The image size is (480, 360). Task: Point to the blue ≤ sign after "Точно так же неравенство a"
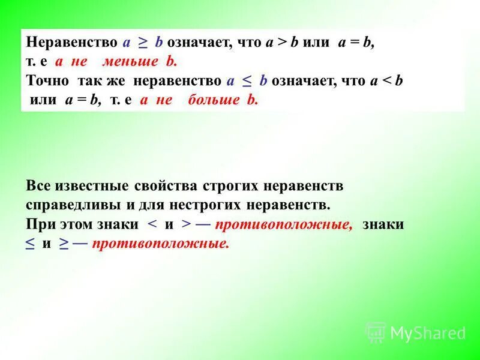[247, 80]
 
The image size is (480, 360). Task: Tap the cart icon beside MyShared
[376, 332]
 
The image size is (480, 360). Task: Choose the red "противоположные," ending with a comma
[284, 224]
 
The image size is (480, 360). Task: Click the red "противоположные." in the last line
[161, 244]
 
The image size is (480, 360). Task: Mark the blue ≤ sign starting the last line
[30, 244]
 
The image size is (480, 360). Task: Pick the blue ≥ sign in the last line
[64, 244]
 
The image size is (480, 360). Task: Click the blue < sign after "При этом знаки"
[152, 224]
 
